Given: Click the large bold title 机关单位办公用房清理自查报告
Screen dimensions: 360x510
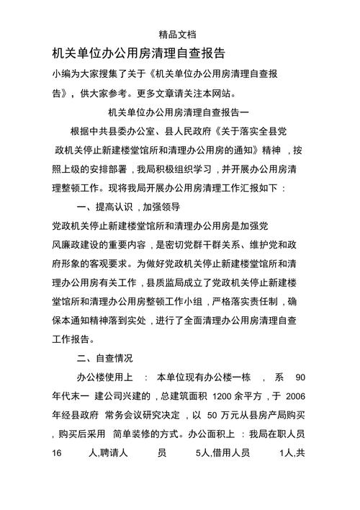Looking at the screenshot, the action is [x=139, y=53].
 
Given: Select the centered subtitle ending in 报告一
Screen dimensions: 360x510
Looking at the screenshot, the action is [x=179, y=113].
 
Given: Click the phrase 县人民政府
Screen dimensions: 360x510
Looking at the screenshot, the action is [x=176, y=132].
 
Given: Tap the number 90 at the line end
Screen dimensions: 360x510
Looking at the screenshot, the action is [x=300, y=377].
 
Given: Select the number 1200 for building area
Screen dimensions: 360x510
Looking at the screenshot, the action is [x=224, y=396].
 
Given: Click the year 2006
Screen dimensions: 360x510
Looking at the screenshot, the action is [x=295, y=396].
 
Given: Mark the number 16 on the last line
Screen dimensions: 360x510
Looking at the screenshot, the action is [x=58, y=454].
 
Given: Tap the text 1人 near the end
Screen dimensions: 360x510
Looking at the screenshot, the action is [x=285, y=454].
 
